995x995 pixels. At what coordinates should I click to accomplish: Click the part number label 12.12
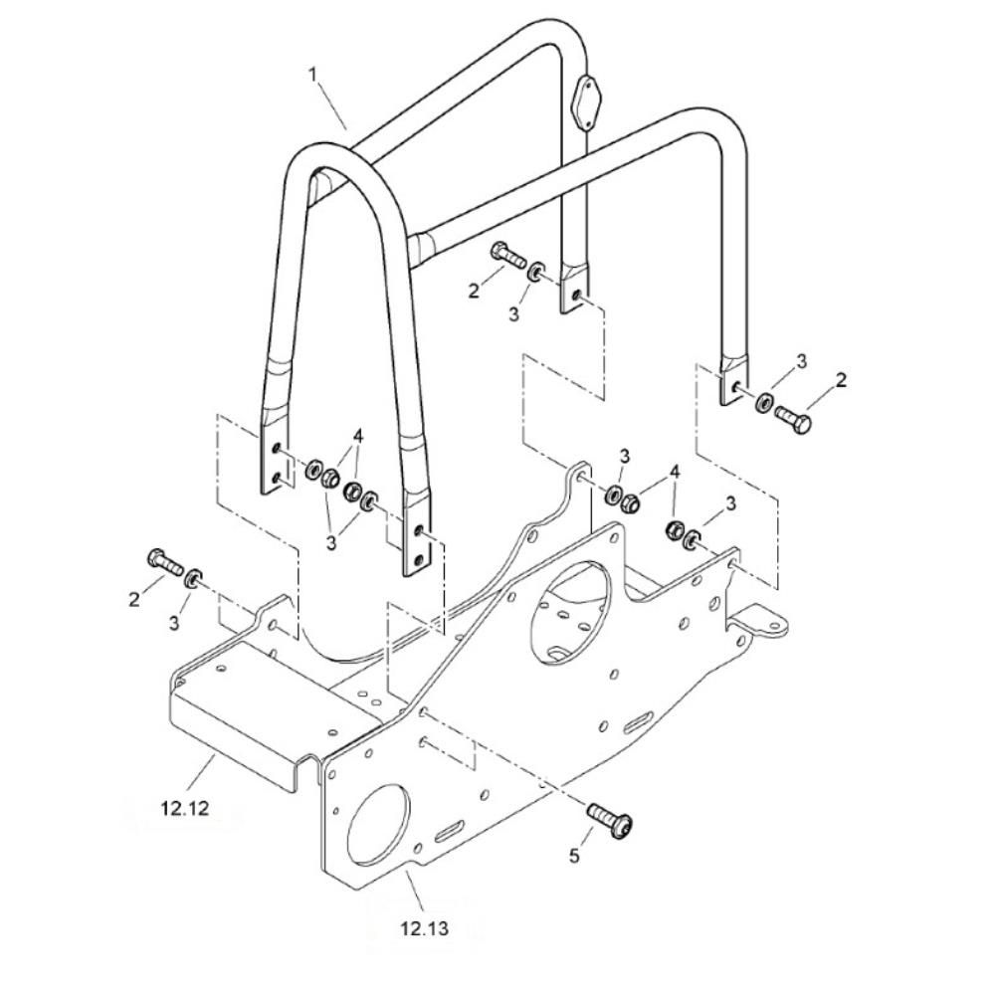coord(185,808)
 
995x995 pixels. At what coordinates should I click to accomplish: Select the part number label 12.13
coord(425,928)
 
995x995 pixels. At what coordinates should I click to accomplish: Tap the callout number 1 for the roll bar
coord(312,75)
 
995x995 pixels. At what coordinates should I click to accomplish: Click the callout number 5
coord(574,856)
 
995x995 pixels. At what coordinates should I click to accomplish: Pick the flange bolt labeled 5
coord(612,821)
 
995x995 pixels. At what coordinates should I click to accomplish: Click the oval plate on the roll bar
coord(585,102)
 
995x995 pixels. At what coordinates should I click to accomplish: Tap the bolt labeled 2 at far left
coord(165,561)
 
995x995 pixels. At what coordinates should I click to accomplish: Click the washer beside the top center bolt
coord(535,272)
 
